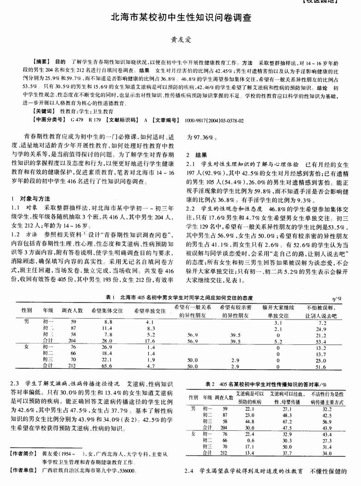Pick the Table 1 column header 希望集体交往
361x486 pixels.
click(x=107, y=311)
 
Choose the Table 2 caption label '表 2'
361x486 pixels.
click(x=210, y=383)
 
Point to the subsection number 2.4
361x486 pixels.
click(x=189, y=471)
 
